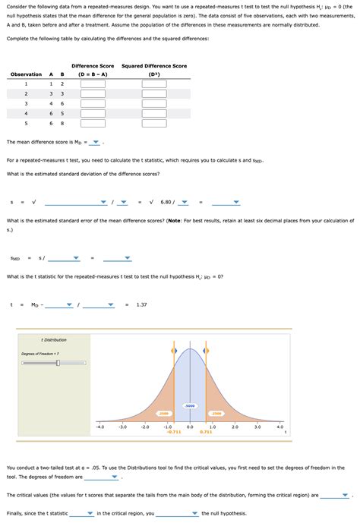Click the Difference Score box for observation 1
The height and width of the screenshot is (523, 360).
(93, 83)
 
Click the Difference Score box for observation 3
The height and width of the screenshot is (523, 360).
(93, 103)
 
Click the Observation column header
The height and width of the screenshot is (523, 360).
(26, 74)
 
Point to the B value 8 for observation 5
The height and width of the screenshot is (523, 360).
(62, 123)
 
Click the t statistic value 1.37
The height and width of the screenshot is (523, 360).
(142, 304)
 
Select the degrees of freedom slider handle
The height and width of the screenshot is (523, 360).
(58, 363)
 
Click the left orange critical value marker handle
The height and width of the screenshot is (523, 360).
(174, 351)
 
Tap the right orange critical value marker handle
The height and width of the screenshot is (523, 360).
(206, 351)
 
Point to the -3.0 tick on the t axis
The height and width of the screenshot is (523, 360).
(122, 427)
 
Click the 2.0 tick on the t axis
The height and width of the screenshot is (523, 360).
(235, 427)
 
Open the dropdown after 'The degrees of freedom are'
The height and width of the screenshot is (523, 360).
(114, 478)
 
